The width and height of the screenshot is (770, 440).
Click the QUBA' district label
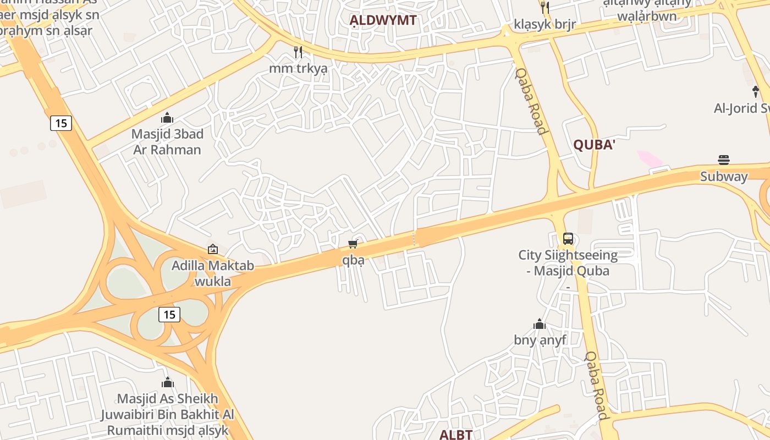594,145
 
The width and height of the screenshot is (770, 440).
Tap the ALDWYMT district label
383,21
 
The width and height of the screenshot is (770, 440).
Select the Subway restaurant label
724,177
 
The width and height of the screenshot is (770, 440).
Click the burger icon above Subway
724,160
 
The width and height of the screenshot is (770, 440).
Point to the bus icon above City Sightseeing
568,239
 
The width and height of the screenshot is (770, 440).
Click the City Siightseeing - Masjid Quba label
568,263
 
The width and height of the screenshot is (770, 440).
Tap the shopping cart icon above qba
353,244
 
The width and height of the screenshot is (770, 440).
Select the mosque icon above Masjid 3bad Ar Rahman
167,118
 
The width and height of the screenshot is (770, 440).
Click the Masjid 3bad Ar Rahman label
167,142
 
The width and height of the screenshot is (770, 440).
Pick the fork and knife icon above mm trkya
298,52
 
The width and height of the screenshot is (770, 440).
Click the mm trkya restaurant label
298,69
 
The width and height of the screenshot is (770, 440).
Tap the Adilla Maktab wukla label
213,273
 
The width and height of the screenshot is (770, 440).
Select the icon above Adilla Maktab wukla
213,249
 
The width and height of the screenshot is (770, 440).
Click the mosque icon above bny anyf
540,324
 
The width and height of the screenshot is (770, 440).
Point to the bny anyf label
540,340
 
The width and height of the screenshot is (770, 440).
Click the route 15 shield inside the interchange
169,315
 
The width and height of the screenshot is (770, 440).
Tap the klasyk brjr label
544,24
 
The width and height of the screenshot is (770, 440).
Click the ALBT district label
455,435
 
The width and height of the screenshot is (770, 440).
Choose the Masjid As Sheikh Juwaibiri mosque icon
168,382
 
